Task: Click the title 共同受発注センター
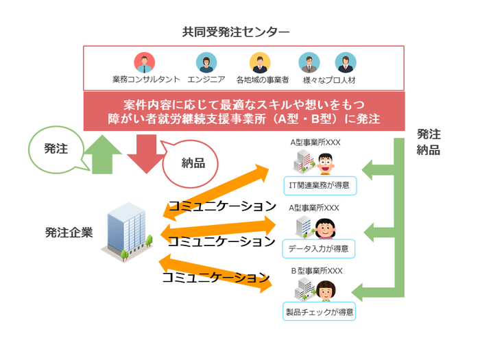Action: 236,32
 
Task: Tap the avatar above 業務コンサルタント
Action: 144,63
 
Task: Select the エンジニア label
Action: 206,80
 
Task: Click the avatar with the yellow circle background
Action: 259,63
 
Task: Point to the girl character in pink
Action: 324,226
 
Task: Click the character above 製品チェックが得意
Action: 326,289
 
